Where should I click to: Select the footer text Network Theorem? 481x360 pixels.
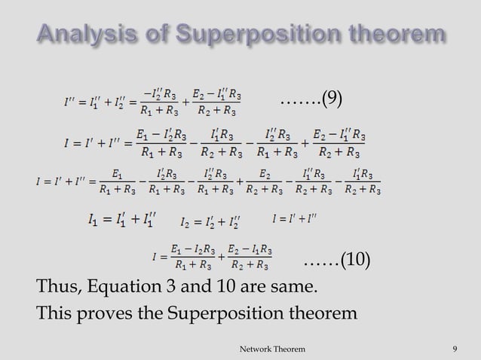[272, 349]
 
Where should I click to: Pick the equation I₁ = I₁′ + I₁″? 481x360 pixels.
[121, 221]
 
